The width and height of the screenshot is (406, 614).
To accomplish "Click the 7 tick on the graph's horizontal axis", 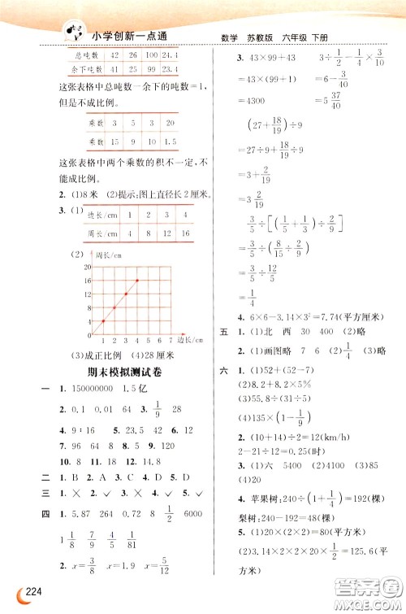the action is point(167,340).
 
